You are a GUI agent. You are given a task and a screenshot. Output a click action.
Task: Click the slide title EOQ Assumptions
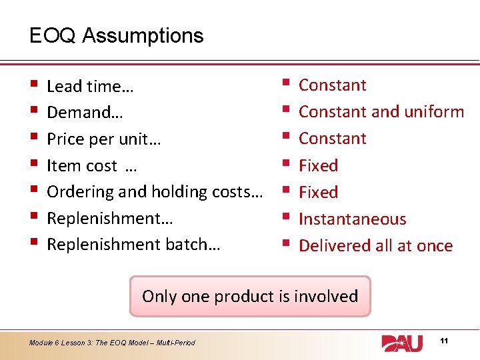[117, 35]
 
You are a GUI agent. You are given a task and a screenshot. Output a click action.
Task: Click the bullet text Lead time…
[90, 86]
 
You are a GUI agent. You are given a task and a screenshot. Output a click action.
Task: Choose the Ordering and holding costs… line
[154, 192]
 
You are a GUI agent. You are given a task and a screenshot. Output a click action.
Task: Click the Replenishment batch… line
[133, 245]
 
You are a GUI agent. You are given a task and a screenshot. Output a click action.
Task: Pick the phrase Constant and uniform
[381, 111]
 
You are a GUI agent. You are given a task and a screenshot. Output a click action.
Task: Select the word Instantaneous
[352, 219]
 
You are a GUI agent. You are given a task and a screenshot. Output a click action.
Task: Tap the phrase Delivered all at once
[375, 245]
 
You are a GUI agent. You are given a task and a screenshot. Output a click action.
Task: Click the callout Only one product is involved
[250, 296]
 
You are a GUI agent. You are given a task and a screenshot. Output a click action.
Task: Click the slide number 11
[445, 341]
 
